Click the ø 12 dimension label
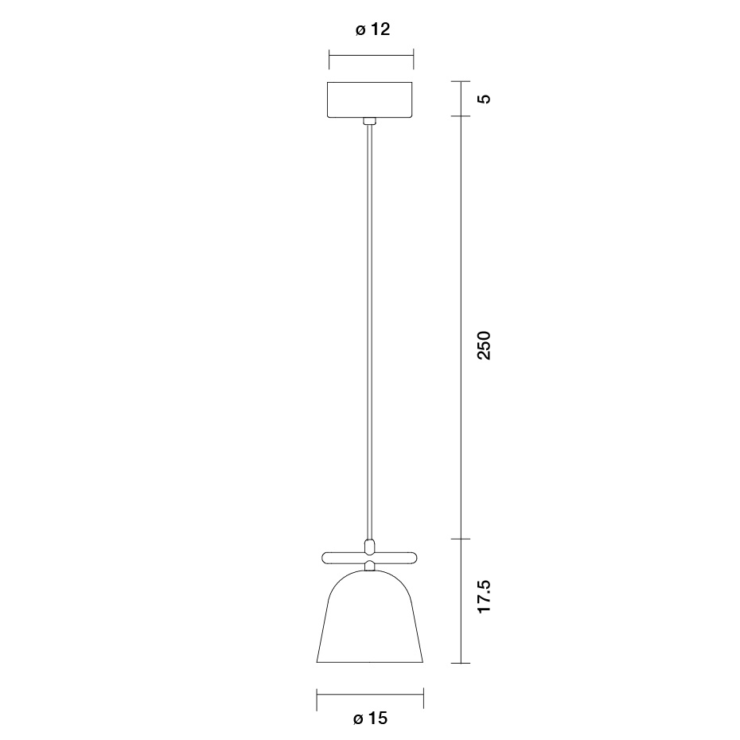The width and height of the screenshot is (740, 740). click(x=372, y=30)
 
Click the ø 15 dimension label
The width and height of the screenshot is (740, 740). click(x=370, y=719)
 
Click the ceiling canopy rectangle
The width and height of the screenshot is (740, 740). click(x=371, y=99)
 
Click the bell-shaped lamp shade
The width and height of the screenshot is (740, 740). click(x=370, y=621)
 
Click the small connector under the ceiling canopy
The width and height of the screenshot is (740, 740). click(x=369, y=121)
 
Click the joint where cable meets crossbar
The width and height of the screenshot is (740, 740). click(x=369, y=547)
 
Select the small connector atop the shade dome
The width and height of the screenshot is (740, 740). click(x=369, y=566)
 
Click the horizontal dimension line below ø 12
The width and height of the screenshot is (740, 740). click(x=372, y=55)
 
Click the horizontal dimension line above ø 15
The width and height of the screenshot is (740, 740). click(x=370, y=694)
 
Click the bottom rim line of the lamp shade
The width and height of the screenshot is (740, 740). click(x=370, y=662)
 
